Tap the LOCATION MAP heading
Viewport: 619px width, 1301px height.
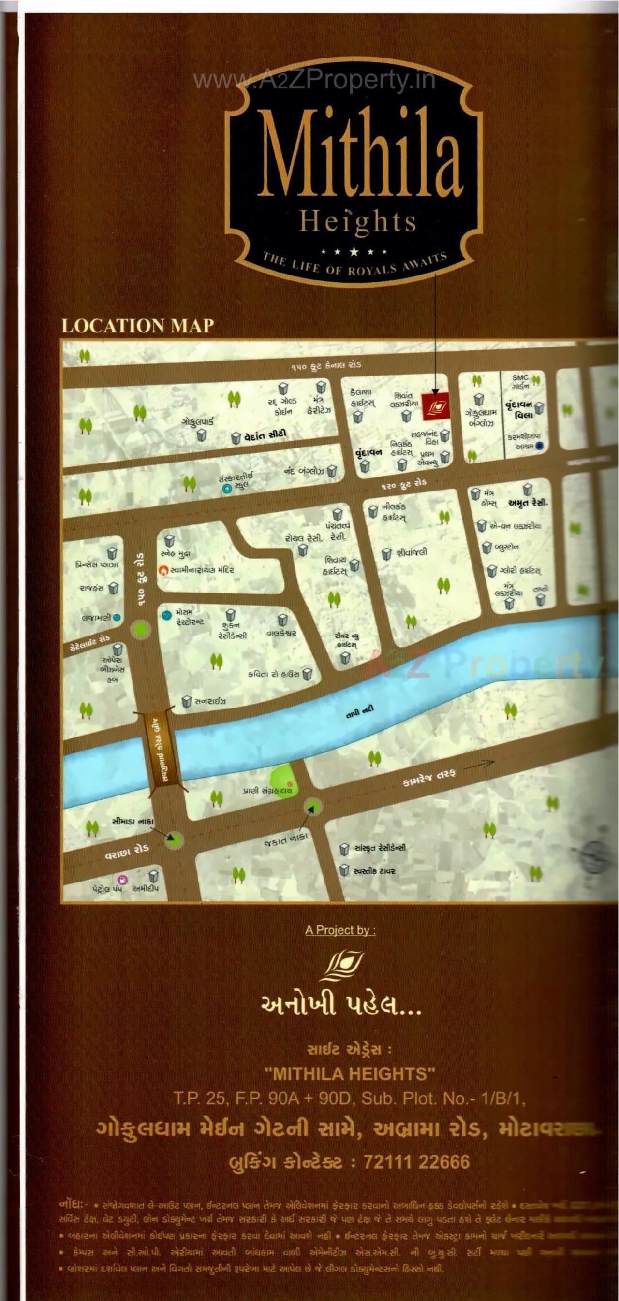(x=137, y=326)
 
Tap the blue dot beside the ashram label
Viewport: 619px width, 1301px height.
(x=539, y=446)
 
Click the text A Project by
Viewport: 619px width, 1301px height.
(x=340, y=930)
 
